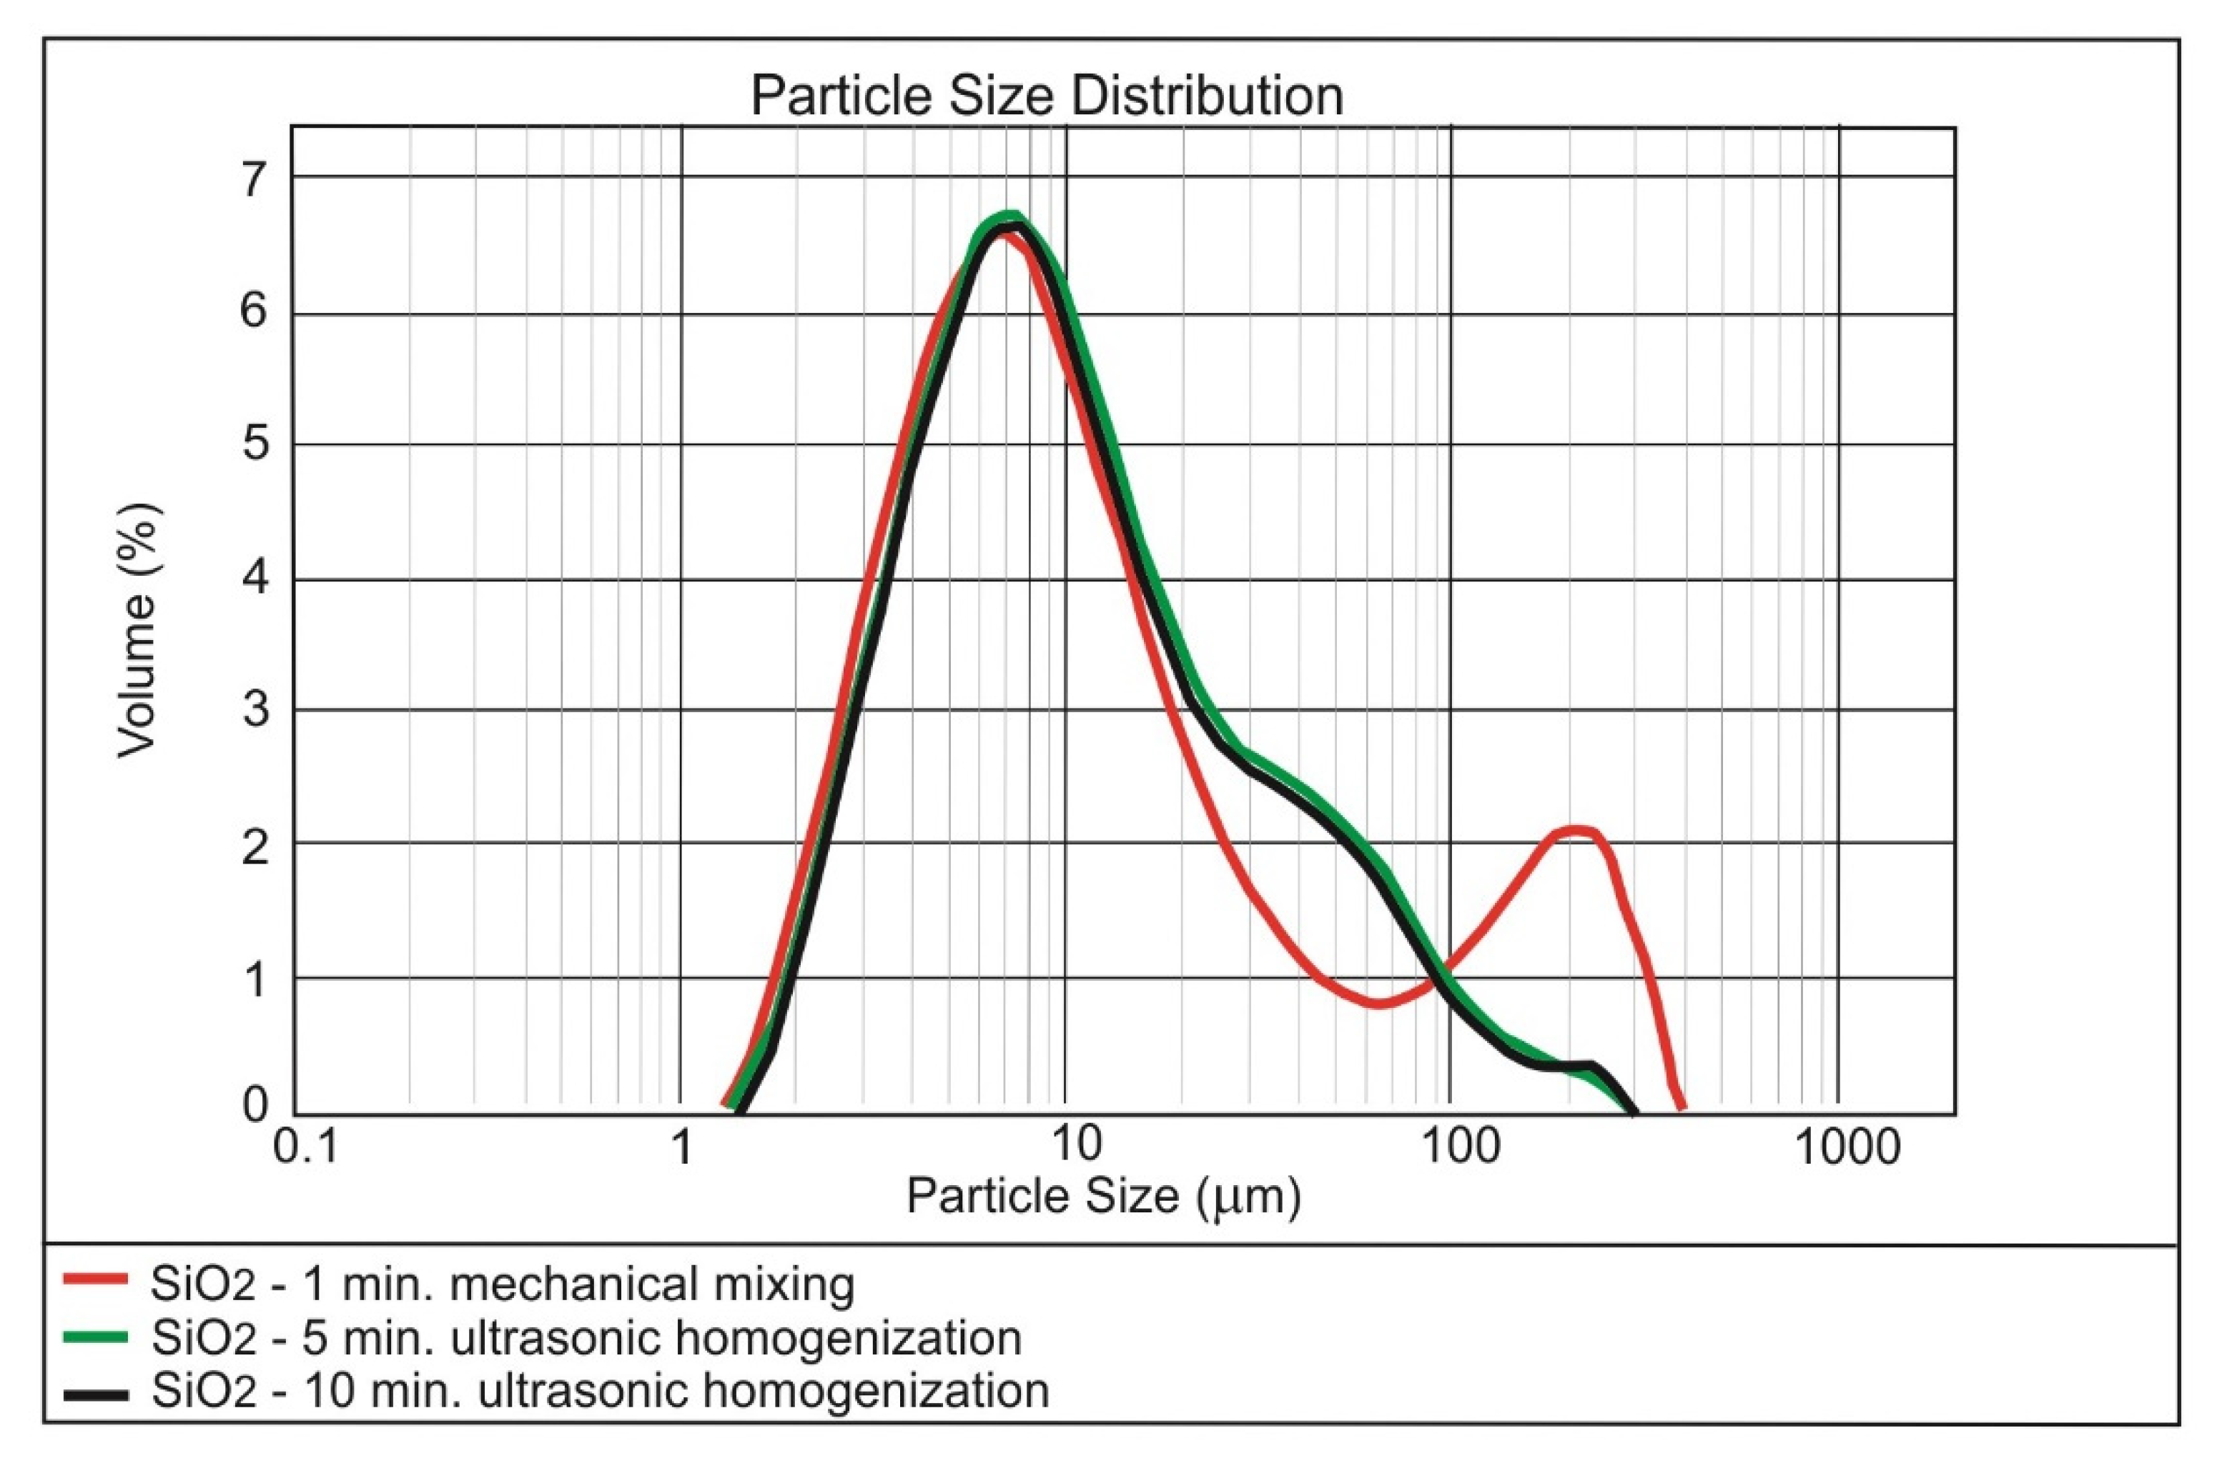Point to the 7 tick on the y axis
click(x=253, y=179)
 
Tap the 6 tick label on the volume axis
click(x=253, y=311)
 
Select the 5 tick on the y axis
click(x=253, y=444)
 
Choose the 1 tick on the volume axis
click(x=253, y=979)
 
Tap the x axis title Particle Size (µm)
click(x=1103, y=1197)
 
